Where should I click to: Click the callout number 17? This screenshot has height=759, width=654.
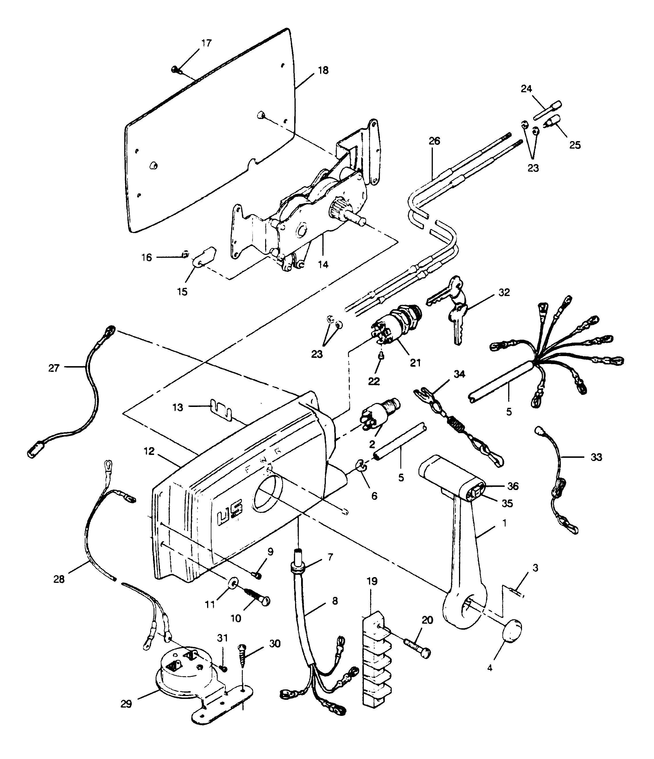coord(206,43)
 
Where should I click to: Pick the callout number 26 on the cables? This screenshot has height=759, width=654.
coord(434,141)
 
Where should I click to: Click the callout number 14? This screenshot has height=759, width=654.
coord(323,264)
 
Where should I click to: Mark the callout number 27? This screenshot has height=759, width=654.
coord(54,368)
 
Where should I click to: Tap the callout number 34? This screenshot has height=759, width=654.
coord(459,374)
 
